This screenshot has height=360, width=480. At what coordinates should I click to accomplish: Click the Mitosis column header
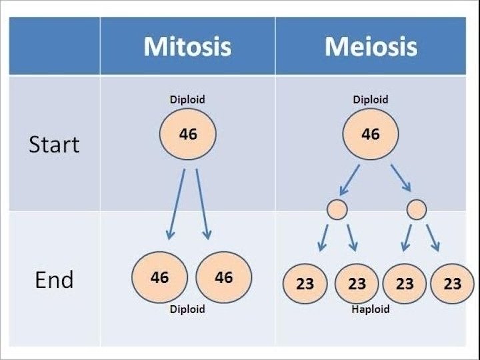(x=187, y=47)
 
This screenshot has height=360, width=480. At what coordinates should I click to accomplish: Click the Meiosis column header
(x=370, y=47)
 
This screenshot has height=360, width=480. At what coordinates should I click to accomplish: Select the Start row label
(x=54, y=145)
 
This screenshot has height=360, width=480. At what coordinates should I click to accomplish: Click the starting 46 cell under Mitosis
(x=187, y=135)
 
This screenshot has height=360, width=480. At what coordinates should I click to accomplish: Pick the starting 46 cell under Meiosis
(x=370, y=135)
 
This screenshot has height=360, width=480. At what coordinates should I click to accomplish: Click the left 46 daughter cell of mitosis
(x=159, y=277)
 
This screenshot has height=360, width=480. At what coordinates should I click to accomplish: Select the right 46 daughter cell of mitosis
(x=223, y=277)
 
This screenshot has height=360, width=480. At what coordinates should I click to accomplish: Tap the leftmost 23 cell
(x=305, y=283)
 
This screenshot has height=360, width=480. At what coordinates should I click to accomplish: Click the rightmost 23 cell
(x=452, y=283)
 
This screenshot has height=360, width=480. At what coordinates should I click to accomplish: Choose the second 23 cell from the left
(x=357, y=283)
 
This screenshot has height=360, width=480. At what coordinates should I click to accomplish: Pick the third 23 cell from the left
(x=404, y=283)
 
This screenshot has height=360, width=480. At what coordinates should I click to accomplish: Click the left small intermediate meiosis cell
(x=336, y=209)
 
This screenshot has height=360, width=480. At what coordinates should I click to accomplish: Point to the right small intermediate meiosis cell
(x=417, y=209)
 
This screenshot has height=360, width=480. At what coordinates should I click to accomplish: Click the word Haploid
(x=370, y=309)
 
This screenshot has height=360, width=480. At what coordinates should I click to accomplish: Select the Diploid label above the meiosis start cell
(x=370, y=99)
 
